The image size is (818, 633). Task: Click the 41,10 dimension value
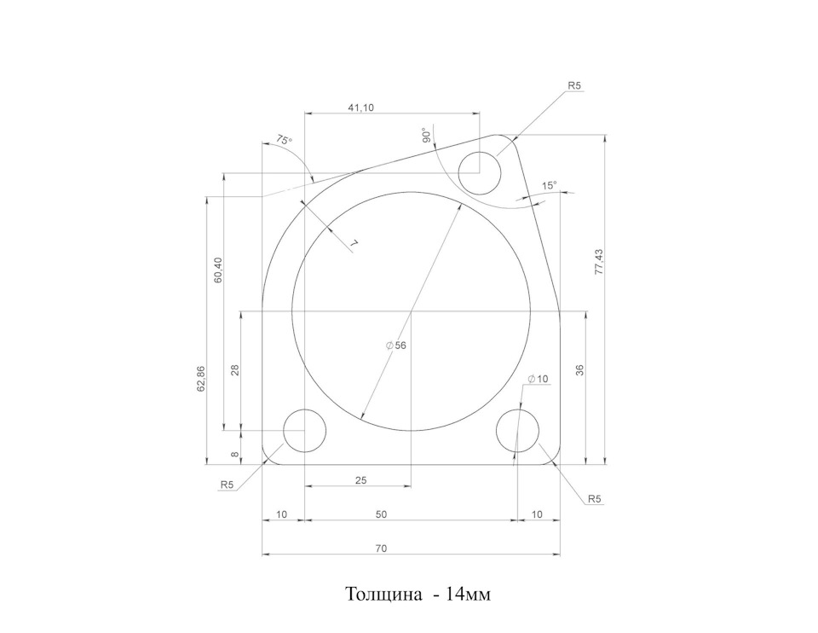(x=361, y=108)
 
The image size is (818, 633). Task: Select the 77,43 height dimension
(x=598, y=262)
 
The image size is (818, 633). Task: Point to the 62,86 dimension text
(x=201, y=379)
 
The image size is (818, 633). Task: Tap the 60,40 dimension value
(x=219, y=270)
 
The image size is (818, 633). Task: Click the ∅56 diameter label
(x=396, y=346)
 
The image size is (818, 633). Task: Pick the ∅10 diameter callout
(x=538, y=379)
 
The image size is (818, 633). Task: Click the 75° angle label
(x=285, y=140)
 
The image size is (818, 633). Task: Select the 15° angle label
(x=549, y=185)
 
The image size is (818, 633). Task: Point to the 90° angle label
(x=426, y=136)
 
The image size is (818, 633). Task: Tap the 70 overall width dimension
(x=382, y=549)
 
